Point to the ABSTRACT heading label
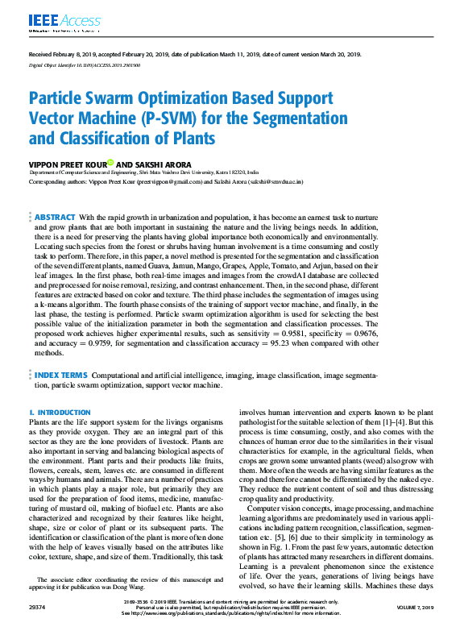pyautogui.click(x=55, y=218)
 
